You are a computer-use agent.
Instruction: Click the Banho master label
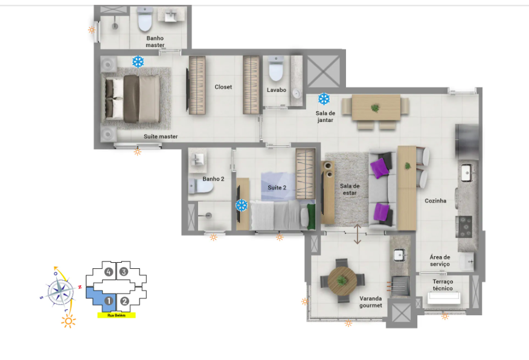[155, 42]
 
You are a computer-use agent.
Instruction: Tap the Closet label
[223, 87]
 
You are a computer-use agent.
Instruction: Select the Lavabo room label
[277, 90]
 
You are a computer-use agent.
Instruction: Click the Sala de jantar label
[324, 116]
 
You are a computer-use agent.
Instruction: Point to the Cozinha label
[435, 201]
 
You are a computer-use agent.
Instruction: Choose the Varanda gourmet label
[371, 301]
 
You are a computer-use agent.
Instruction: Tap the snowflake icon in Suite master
[138, 62]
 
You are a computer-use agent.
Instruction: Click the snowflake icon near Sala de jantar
[324, 98]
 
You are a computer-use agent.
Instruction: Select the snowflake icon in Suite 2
[242, 205]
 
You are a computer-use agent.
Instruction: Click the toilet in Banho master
[145, 22]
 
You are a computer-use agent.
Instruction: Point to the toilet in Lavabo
[276, 71]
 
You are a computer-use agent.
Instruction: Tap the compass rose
[61, 292]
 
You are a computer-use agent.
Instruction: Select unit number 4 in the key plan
[108, 272]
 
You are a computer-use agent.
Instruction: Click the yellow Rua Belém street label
[117, 315]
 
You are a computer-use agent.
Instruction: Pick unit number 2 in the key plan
[125, 301]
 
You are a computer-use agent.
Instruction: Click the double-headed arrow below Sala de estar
[357, 234]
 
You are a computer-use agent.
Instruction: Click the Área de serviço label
[440, 261]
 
